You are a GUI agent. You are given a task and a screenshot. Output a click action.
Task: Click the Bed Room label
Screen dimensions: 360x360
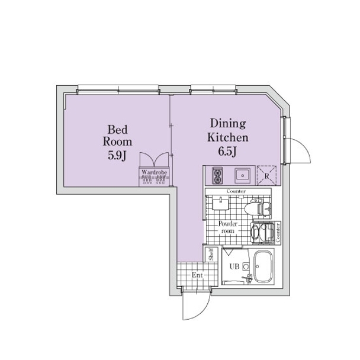[x=117, y=136]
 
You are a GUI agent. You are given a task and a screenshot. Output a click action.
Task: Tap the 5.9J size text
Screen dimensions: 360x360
[x=117, y=156]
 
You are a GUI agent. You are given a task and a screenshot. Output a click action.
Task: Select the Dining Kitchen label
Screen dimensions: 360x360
[x=228, y=130]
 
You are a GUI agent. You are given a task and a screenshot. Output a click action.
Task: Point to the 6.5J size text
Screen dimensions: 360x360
[x=227, y=152]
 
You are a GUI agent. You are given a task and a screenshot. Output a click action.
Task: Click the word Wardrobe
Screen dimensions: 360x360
[x=154, y=172]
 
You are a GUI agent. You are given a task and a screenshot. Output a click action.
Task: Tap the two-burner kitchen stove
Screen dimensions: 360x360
[x=217, y=176]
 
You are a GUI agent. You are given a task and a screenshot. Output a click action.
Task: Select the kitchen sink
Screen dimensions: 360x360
[x=242, y=176]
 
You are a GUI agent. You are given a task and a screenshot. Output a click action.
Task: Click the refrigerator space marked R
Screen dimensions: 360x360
[x=266, y=175]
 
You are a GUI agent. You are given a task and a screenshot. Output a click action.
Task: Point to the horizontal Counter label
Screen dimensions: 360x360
[x=236, y=191]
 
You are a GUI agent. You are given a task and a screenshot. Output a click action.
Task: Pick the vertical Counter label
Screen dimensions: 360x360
[x=278, y=233]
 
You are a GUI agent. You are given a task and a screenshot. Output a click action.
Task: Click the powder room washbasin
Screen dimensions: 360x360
[x=220, y=204]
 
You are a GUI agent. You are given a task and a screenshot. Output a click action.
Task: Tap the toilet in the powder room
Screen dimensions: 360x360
[x=257, y=208]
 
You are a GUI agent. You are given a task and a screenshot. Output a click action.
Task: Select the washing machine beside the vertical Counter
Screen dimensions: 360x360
[x=263, y=232]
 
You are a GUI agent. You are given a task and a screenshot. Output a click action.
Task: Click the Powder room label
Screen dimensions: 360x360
[x=228, y=227]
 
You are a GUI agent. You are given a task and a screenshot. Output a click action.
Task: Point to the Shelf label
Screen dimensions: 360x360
[x=211, y=254]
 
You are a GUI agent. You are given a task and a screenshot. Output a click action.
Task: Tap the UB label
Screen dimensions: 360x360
[x=234, y=266]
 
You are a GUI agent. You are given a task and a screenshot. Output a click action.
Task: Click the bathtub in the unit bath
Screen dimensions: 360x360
[x=263, y=266]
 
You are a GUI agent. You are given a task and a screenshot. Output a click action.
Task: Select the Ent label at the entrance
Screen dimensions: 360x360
[x=197, y=275]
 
